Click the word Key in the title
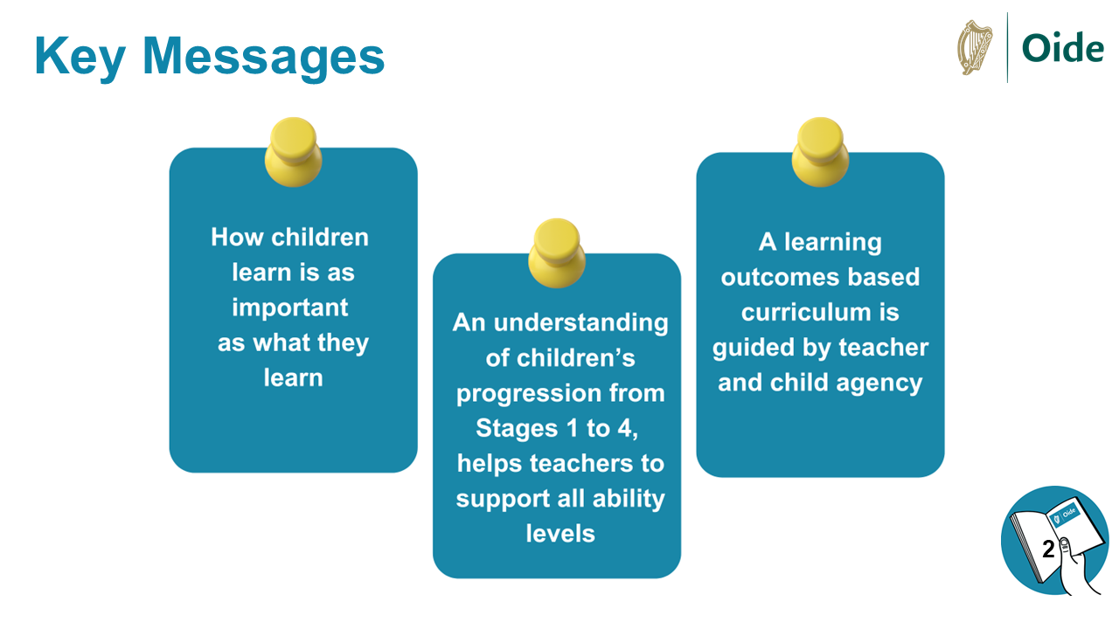80,58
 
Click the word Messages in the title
264,58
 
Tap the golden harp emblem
975,47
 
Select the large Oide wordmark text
1062,48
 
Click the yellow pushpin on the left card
293,152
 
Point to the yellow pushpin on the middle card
557,253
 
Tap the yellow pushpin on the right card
820,152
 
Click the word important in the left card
289,308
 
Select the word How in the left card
237,237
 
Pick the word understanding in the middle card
581,323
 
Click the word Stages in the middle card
517,429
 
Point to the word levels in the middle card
560,534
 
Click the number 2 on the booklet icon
1048,550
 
